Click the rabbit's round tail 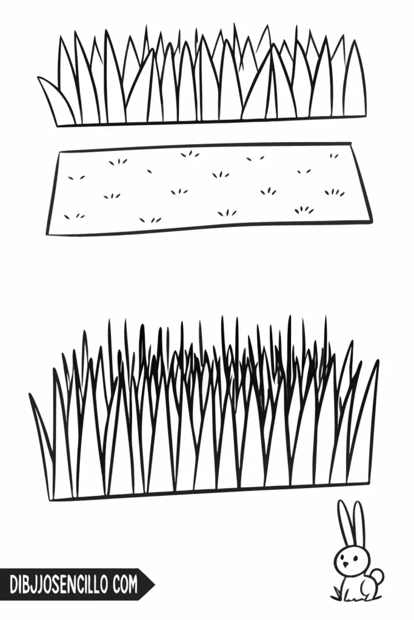377,576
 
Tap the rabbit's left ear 344,523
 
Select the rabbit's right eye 354,558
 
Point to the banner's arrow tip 155,584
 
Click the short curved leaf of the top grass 55,99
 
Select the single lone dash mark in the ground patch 150,171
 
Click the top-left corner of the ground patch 59,152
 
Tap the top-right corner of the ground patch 351,143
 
